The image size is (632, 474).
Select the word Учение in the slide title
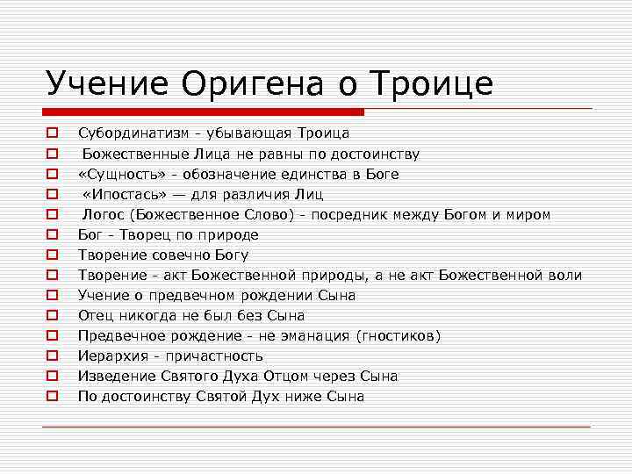[x=107, y=83]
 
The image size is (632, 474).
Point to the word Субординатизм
[x=132, y=133]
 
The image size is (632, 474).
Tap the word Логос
[x=102, y=214]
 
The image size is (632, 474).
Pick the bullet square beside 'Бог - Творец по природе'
[x=53, y=235]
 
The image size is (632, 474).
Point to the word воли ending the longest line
[x=565, y=276]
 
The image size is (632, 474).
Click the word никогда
[x=140, y=316]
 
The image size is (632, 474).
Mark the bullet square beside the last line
[x=53, y=397]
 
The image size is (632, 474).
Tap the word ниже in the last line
[x=309, y=397]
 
